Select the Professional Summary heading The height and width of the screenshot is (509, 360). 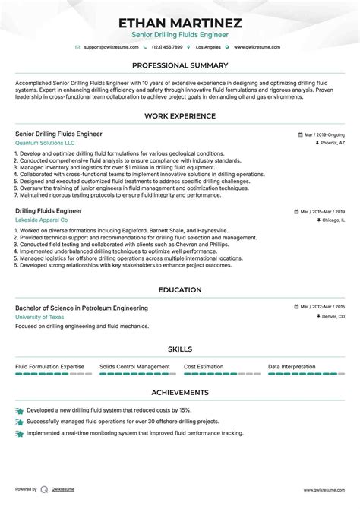tap(180, 65)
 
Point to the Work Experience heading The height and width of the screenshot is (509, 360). tap(180, 115)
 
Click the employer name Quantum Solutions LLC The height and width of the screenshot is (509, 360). tap(46, 143)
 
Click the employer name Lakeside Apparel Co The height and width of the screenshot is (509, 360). tap(47, 219)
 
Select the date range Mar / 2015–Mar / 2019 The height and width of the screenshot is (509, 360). tap(319, 210)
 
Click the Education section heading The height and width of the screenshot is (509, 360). tap(180, 289)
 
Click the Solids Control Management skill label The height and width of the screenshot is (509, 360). tap(134, 366)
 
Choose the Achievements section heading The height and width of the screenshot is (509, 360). tap(180, 392)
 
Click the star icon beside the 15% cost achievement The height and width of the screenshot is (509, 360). tap(19, 410)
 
